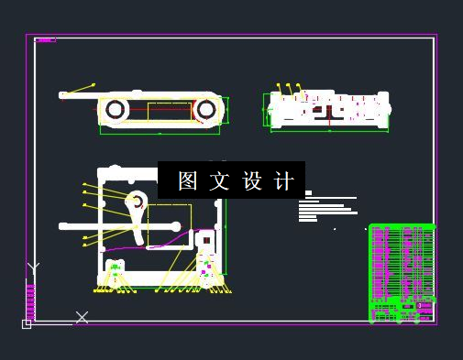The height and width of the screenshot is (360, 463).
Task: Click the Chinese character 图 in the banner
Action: click(188, 180)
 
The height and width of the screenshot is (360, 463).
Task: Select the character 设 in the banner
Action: click(252, 180)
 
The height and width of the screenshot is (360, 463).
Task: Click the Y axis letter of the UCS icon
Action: click(34, 268)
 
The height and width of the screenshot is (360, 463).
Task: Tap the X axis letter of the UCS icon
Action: click(82, 317)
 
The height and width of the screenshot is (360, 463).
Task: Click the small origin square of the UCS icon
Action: click(27, 323)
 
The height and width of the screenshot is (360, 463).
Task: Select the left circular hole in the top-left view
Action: click(116, 110)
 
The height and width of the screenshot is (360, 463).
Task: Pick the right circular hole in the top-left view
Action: click(207, 110)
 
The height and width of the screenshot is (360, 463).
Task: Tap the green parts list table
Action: click(401, 273)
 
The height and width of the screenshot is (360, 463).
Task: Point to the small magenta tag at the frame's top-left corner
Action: click(45, 39)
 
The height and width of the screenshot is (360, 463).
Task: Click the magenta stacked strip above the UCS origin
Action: click(30, 300)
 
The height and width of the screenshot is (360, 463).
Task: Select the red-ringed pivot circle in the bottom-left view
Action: click(135, 201)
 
